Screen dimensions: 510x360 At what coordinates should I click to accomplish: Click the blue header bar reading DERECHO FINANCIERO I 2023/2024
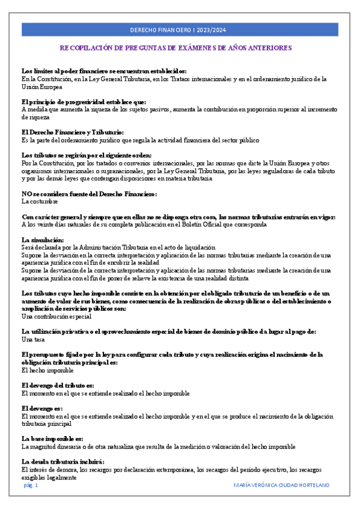coord(180,29)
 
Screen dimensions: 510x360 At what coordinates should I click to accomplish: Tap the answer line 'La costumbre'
coord(40,201)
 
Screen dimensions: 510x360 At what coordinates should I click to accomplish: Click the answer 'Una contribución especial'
coord(56,316)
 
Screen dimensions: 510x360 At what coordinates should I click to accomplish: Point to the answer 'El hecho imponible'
coord(47,370)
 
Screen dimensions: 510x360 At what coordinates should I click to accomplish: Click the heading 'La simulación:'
coord(42,240)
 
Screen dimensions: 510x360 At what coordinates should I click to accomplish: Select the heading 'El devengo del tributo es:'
coord(58,386)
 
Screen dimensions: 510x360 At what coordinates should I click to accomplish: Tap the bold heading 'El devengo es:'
coord(42,408)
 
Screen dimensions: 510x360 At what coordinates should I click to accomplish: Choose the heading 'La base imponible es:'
coord(52,438)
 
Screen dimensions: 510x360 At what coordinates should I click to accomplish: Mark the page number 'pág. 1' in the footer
coord(31,485)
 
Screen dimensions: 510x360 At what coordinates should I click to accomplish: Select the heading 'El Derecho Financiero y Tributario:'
coord(72,132)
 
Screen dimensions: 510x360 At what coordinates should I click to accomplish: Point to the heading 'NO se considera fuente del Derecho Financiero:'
coord(89,194)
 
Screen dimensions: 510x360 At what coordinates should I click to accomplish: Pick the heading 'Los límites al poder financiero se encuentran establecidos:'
coord(103,70)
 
